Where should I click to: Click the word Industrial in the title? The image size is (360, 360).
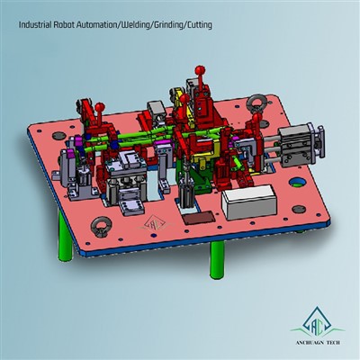point(35,26)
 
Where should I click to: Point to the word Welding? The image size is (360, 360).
point(146,26)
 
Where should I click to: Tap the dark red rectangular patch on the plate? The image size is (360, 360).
point(194,216)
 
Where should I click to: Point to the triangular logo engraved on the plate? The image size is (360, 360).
point(153,221)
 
